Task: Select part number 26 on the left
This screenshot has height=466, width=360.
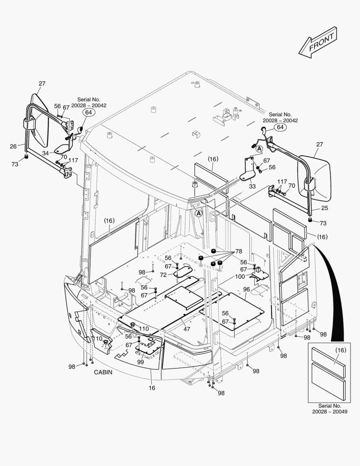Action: point(13,146)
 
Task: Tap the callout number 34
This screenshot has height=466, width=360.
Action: point(46,152)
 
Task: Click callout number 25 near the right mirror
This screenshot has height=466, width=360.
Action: point(324,208)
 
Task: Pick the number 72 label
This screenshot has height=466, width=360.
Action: point(163,274)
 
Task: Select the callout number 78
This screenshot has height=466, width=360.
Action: point(238,251)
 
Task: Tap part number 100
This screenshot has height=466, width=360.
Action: point(240,276)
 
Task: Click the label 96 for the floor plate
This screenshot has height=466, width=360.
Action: point(246,289)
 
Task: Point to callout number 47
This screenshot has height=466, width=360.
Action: point(187,329)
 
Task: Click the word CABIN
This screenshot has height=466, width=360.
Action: point(103,372)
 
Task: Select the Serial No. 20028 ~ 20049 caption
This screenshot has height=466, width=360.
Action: point(329,409)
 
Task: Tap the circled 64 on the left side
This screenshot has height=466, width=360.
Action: point(88,113)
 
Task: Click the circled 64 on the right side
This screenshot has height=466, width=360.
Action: point(280,127)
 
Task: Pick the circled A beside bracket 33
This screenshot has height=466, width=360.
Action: point(259,148)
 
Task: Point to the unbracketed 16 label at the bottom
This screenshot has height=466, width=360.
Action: point(152,388)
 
